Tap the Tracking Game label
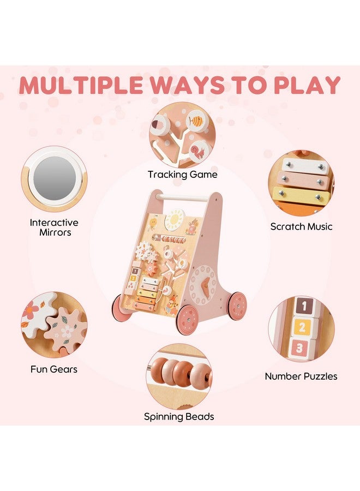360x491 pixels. coord(182,175)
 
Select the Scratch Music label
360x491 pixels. coord(301,226)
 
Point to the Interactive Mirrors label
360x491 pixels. coord(54,227)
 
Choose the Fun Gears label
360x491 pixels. coord(54,369)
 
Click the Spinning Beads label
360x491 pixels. coord(179,417)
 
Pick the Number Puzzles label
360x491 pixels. coord(301,376)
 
